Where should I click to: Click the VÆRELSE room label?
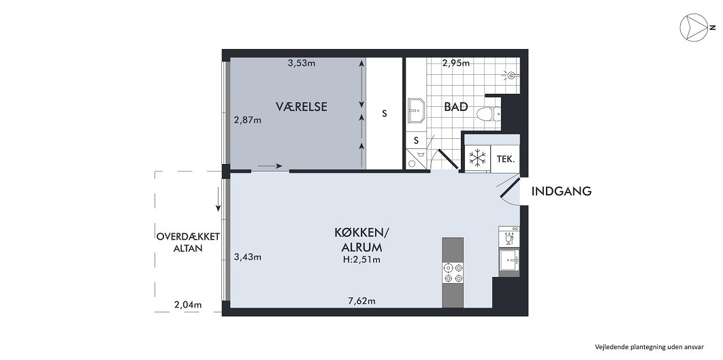click(x=302, y=106)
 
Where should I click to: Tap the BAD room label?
click(x=455, y=107)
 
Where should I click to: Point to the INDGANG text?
click(x=561, y=191)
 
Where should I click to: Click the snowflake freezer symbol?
click(x=477, y=159)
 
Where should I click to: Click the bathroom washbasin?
click(x=417, y=110)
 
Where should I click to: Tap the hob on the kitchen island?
click(x=453, y=273)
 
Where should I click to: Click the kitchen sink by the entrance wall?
click(x=509, y=259)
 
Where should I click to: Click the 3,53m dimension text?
click(x=301, y=63)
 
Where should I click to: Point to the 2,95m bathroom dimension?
click(x=455, y=63)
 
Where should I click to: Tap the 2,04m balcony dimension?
click(x=188, y=304)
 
